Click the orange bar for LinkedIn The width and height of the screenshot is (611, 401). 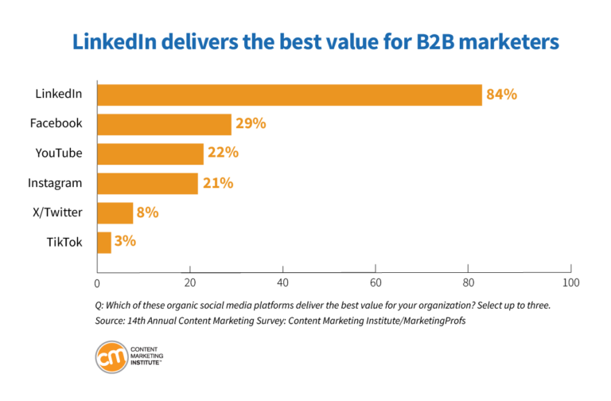point(289,95)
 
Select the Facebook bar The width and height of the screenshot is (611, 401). point(164,124)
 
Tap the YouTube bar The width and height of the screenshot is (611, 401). point(150,154)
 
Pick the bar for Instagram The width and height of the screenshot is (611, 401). point(147,183)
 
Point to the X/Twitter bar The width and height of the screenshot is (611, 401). point(115,212)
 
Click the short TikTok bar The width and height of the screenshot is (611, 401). point(104,242)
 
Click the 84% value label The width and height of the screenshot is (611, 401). point(502,95)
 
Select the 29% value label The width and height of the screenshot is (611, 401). point(251,124)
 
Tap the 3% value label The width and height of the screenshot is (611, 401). point(125,241)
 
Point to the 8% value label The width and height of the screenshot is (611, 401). point(148,212)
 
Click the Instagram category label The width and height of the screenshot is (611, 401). point(55,183)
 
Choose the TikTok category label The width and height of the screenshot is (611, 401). point(64,242)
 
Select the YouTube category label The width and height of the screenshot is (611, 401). point(59,154)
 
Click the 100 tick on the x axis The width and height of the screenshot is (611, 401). point(570,282)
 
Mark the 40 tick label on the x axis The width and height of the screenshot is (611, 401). point(282,282)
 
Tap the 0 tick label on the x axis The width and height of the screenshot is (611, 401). point(97,282)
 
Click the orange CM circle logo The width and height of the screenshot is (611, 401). point(111,356)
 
